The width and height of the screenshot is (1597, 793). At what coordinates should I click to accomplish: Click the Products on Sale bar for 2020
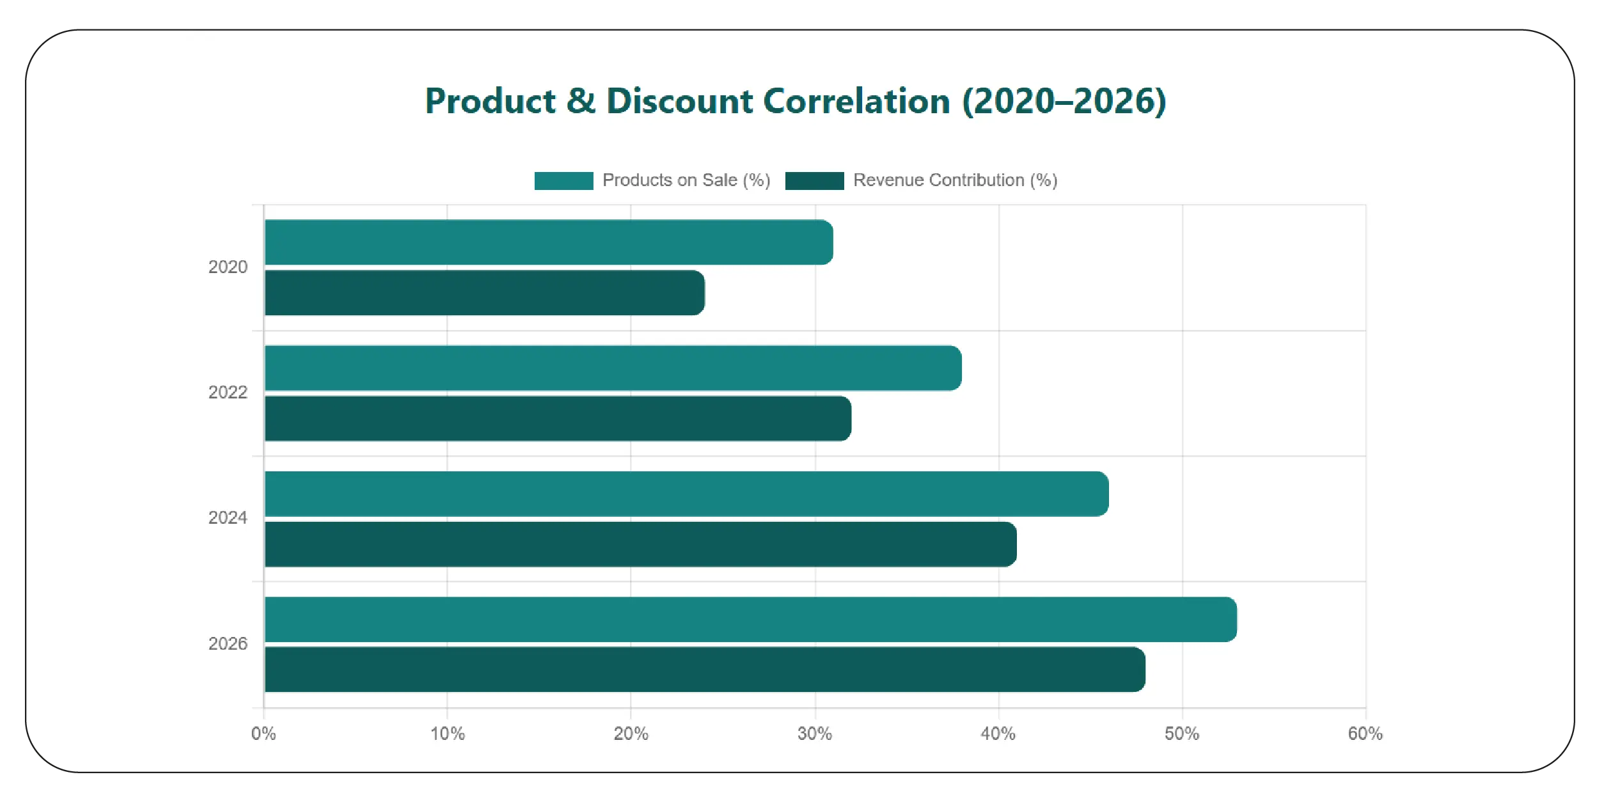pos(549,242)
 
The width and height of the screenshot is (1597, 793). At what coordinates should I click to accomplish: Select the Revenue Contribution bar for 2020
pos(485,293)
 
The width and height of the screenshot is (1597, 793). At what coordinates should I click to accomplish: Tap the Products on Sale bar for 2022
pos(613,368)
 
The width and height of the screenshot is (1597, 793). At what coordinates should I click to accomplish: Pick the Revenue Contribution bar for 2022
pos(558,419)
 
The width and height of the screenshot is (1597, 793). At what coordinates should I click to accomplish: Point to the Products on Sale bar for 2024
pos(686,494)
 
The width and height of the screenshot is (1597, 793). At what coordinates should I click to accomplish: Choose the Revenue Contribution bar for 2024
pos(640,544)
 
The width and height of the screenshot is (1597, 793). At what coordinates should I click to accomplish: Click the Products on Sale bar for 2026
pos(750,619)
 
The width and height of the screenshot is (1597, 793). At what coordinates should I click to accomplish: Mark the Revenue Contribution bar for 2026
pos(704,670)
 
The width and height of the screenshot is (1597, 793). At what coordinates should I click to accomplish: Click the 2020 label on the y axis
pos(228,267)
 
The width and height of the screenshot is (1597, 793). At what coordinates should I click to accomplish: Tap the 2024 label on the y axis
pos(228,518)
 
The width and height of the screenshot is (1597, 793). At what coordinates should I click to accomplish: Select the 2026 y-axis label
pos(228,644)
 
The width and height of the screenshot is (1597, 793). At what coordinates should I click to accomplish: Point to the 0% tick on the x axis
pos(264,734)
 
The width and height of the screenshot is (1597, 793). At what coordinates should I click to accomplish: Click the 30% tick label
pos(815,734)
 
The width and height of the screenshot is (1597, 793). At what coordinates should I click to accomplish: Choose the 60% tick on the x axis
pos(1365,734)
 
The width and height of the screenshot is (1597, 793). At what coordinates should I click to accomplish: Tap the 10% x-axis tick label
pos(448,734)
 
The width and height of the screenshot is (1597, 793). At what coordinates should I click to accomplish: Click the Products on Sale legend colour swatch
pos(563,181)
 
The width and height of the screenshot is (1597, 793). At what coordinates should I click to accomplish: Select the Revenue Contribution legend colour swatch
pos(814,181)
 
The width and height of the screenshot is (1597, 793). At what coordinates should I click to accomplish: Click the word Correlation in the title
pos(857,102)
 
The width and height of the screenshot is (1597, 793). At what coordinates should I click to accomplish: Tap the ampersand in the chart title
pos(581,102)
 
